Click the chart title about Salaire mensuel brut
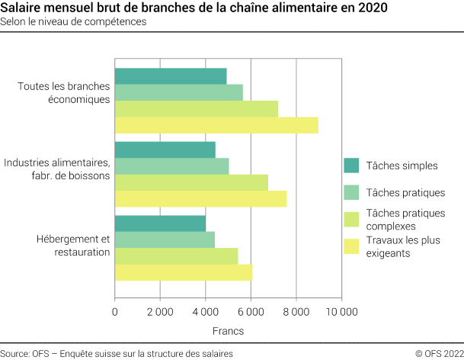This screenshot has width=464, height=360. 194,8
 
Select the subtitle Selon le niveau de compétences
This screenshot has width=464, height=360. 74,22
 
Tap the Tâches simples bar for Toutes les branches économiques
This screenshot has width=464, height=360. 171,76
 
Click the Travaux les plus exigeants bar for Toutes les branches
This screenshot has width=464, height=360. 216,125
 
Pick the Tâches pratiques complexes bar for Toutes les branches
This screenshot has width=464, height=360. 197,109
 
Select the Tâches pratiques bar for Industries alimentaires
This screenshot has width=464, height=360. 171,166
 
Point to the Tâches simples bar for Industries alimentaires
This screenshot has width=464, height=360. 165,149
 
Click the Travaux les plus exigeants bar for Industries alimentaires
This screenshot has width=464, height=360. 200,199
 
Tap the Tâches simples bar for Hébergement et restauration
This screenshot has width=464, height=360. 160,223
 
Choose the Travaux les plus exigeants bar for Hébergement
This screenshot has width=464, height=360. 183,272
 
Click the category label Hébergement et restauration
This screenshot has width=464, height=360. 73,246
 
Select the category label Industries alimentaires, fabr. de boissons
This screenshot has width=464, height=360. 57,169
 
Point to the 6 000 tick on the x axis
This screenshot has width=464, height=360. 251,312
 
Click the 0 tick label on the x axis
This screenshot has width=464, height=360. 115,312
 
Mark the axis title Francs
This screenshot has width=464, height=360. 229,332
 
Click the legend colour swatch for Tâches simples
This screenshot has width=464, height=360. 351,166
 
